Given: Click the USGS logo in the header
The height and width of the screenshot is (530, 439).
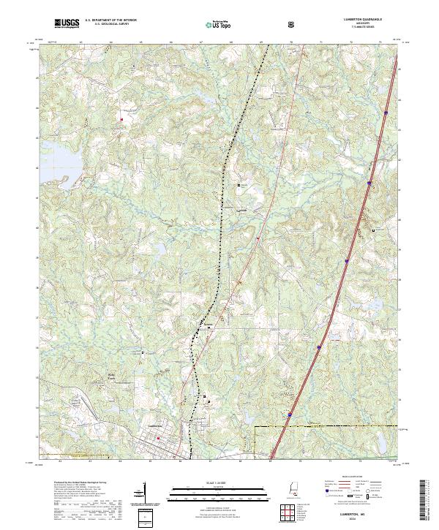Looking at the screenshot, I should pos(67,24).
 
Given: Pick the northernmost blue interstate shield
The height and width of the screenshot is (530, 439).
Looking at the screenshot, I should pos(384,113).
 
